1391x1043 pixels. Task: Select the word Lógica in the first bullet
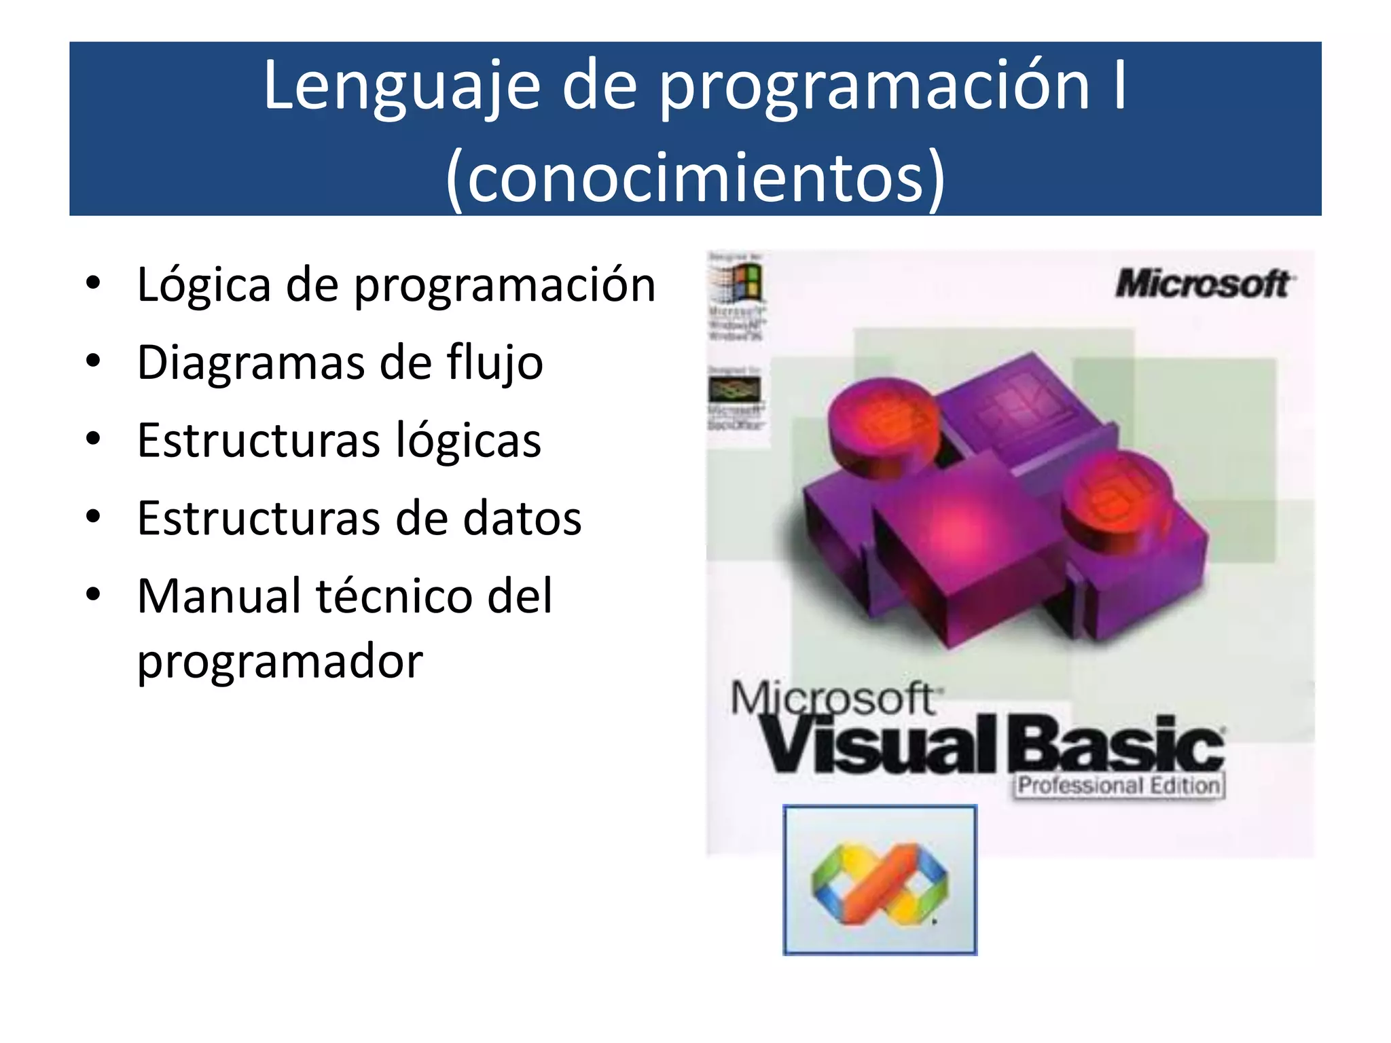coord(204,285)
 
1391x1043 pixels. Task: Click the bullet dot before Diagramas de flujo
coord(94,361)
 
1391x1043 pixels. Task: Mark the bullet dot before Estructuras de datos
coord(94,517)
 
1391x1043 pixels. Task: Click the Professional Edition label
coord(1119,786)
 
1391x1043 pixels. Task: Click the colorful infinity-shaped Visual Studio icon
coord(880,882)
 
